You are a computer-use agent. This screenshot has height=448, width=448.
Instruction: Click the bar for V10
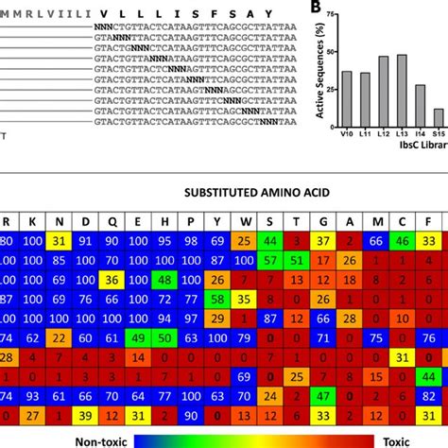(347, 98)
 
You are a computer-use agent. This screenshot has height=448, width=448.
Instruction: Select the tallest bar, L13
(401, 90)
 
